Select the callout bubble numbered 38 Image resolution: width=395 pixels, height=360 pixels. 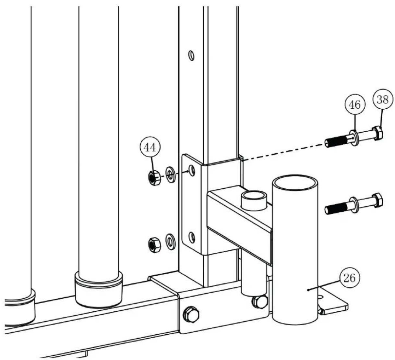[383, 100]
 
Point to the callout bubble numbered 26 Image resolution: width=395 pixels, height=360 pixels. [350, 278]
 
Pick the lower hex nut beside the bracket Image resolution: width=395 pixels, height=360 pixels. [154, 245]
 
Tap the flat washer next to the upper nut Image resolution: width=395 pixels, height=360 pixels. [170, 174]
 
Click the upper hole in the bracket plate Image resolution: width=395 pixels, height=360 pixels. [192, 170]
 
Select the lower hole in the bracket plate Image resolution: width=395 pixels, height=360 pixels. [192, 237]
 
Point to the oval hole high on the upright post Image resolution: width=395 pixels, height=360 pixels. [191, 55]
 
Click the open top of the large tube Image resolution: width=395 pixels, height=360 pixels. [295, 183]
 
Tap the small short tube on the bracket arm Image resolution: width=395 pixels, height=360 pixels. [254, 201]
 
